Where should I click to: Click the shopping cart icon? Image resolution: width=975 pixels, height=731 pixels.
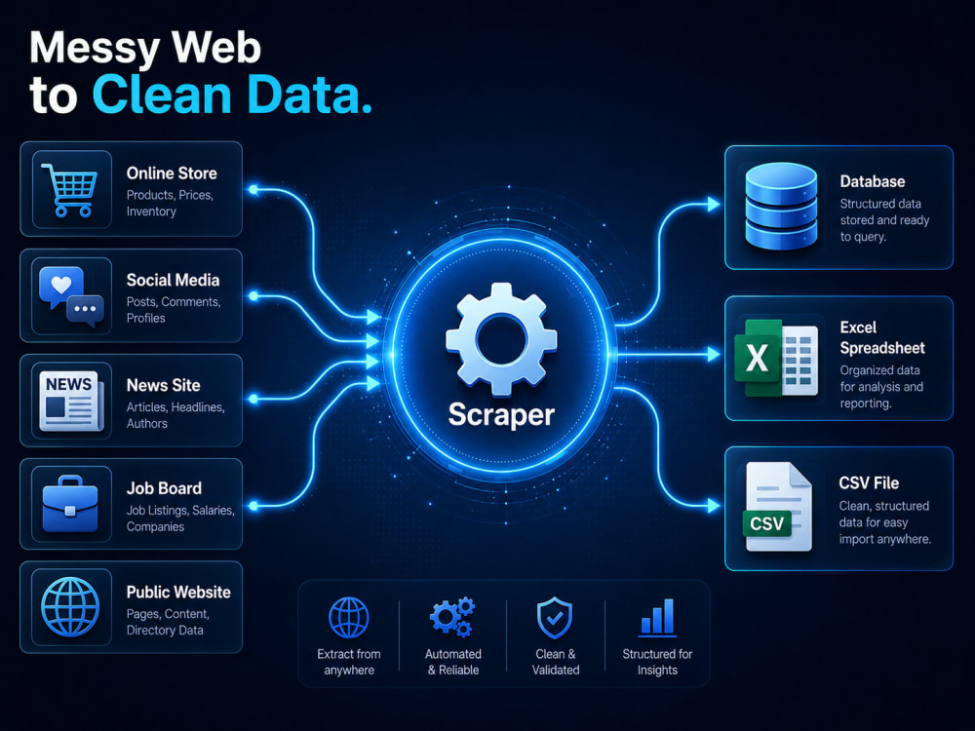pos(69,190)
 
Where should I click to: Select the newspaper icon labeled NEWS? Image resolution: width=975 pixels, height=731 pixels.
pos(71,401)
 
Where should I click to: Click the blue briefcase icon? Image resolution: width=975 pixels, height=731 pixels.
pos(70,504)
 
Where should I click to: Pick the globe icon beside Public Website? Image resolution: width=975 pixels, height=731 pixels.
pos(70,606)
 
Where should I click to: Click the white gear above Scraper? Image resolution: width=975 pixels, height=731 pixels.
pos(501,339)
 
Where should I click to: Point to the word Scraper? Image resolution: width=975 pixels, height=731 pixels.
pos(501,414)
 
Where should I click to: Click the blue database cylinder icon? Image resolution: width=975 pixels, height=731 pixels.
pos(781,206)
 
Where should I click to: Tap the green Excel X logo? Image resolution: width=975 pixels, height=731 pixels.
pos(757,358)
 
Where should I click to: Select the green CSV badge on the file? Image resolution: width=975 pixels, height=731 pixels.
pos(766,523)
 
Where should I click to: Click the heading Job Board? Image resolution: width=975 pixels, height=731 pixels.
pos(164,488)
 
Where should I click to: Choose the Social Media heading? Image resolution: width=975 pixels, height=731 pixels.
pos(173,281)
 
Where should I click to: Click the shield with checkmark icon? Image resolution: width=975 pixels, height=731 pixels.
pos(555,618)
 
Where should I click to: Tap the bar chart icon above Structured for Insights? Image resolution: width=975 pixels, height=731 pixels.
pos(657,617)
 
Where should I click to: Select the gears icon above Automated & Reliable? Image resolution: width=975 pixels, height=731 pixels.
pos(452,617)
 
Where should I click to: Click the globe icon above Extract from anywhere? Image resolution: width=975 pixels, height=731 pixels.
pos(349,618)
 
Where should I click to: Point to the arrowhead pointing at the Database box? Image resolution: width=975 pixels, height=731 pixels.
pos(714,204)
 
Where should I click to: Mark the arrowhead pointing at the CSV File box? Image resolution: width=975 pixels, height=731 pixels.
pos(714,506)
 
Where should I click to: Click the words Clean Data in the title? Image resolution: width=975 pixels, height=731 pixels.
pos(232,96)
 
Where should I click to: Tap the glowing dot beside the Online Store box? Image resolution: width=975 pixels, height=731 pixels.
pos(253,190)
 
